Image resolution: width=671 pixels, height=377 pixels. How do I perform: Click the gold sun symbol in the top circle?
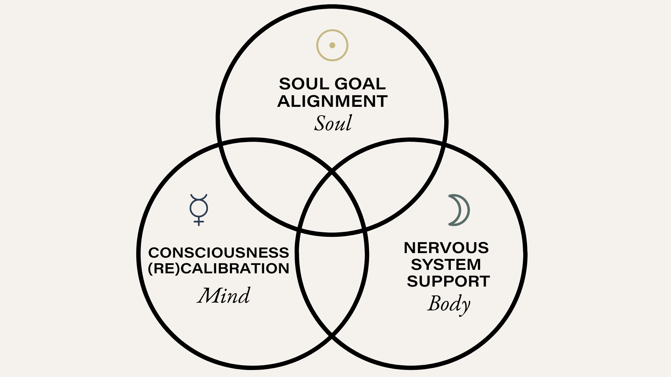coord(332,45)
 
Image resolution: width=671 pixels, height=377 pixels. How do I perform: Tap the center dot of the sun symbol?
coord(332,45)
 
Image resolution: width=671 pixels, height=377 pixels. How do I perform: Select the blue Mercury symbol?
coord(199,209)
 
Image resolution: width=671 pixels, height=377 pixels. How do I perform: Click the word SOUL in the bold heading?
coord(304,84)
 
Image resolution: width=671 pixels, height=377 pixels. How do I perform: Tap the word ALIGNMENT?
coord(332,101)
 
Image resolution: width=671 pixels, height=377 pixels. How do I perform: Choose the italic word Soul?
coord(333,123)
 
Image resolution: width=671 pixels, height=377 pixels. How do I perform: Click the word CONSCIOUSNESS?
coord(218,252)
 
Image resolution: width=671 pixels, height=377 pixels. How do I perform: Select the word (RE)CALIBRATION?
coord(218,268)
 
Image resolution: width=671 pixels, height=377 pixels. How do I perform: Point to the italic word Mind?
coord(224,295)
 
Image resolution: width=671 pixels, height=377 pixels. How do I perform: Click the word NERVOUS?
coord(446,248)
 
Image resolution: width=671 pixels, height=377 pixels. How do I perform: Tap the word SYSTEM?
coord(446,265)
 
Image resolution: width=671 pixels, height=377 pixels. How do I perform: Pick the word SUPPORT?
coord(448,281)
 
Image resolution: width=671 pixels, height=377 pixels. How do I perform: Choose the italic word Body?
coord(449,304)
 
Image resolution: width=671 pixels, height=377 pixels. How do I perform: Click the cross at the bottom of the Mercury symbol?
coord(199,222)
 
